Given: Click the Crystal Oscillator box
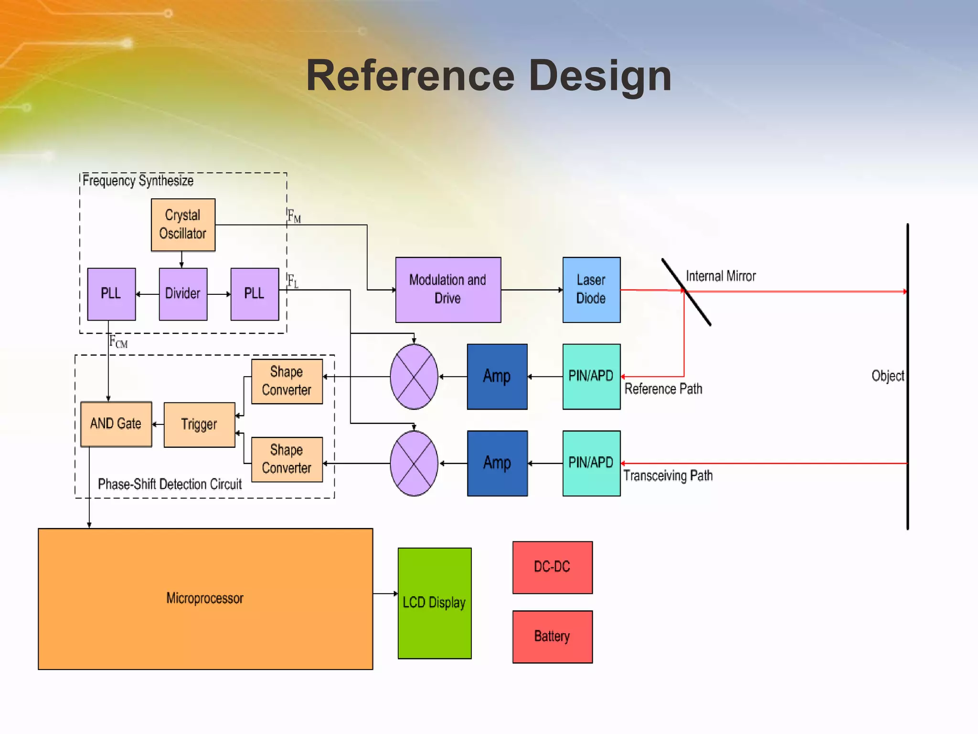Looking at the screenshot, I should click(x=183, y=225).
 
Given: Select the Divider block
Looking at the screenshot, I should click(x=183, y=293).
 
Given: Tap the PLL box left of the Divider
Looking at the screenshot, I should click(x=111, y=293).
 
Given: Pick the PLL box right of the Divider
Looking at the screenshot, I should click(x=255, y=293).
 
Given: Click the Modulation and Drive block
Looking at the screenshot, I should click(x=448, y=290).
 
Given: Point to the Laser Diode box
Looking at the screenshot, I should click(x=591, y=290).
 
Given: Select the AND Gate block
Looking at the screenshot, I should click(x=116, y=424).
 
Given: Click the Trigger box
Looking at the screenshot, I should click(x=199, y=424).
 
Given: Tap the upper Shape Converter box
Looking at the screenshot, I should click(x=287, y=381).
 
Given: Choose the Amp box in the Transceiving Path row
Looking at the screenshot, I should click(x=497, y=463).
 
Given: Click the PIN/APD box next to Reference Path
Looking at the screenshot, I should click(x=591, y=376).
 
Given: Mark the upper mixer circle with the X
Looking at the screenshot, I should click(x=414, y=377).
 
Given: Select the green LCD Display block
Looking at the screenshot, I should click(x=434, y=603).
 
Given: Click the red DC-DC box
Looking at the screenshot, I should click(x=553, y=567).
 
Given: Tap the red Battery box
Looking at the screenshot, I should click(x=553, y=637).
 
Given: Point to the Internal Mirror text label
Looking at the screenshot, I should click(x=721, y=276).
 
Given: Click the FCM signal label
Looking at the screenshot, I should click(x=118, y=342).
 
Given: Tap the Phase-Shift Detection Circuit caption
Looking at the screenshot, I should click(x=170, y=484).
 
